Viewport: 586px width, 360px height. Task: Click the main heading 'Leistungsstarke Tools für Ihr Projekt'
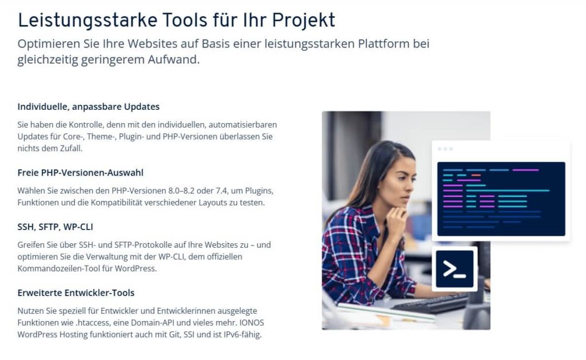point(176,20)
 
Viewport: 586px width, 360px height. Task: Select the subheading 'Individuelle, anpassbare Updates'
point(89,106)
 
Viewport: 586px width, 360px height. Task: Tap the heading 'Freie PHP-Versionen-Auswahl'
point(80,173)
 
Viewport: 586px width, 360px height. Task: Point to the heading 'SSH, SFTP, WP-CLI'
point(56,227)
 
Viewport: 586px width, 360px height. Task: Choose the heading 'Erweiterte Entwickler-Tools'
point(76,292)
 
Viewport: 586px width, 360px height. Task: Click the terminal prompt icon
point(454,269)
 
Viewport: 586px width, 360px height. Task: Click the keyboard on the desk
point(430,303)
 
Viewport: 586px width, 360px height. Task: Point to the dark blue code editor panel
point(501,199)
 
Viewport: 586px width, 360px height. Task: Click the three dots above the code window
point(445,149)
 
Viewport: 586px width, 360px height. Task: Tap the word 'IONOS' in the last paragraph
point(252,323)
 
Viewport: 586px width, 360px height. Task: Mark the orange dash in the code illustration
point(476,175)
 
